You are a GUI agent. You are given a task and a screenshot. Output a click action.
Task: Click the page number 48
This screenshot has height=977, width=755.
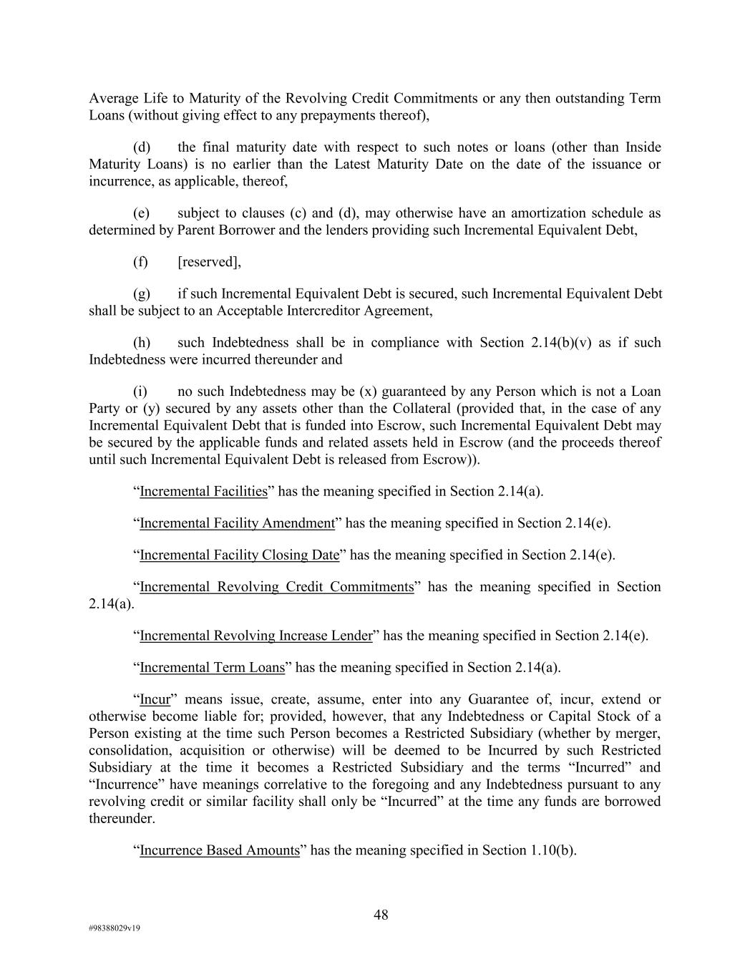(381, 914)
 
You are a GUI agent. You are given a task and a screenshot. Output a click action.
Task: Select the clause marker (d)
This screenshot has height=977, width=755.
(142, 147)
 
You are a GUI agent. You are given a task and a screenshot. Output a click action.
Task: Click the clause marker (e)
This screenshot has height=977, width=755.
(142, 213)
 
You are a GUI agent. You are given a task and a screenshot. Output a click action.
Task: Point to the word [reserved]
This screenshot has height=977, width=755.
(208, 262)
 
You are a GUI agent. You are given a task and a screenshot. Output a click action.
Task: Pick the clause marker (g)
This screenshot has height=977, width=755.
(142, 294)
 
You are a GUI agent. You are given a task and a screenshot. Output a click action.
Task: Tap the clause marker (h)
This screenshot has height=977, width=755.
(142, 343)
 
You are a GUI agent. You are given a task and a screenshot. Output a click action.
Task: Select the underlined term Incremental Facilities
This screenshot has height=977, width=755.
(203, 492)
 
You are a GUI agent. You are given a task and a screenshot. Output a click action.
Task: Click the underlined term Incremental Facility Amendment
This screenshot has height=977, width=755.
(237, 523)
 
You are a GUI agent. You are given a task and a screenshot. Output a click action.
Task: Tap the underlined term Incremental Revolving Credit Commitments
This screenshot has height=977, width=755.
(276, 587)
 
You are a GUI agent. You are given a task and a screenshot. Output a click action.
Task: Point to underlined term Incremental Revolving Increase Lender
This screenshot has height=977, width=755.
(256, 636)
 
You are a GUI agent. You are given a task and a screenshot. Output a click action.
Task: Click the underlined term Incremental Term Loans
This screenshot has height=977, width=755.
(212, 668)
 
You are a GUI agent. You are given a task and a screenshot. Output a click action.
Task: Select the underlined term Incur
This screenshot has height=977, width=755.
(155, 699)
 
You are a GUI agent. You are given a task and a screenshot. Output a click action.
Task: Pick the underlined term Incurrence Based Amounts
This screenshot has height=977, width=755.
(219, 850)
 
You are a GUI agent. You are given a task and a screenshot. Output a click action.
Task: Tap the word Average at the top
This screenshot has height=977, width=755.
(114, 98)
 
